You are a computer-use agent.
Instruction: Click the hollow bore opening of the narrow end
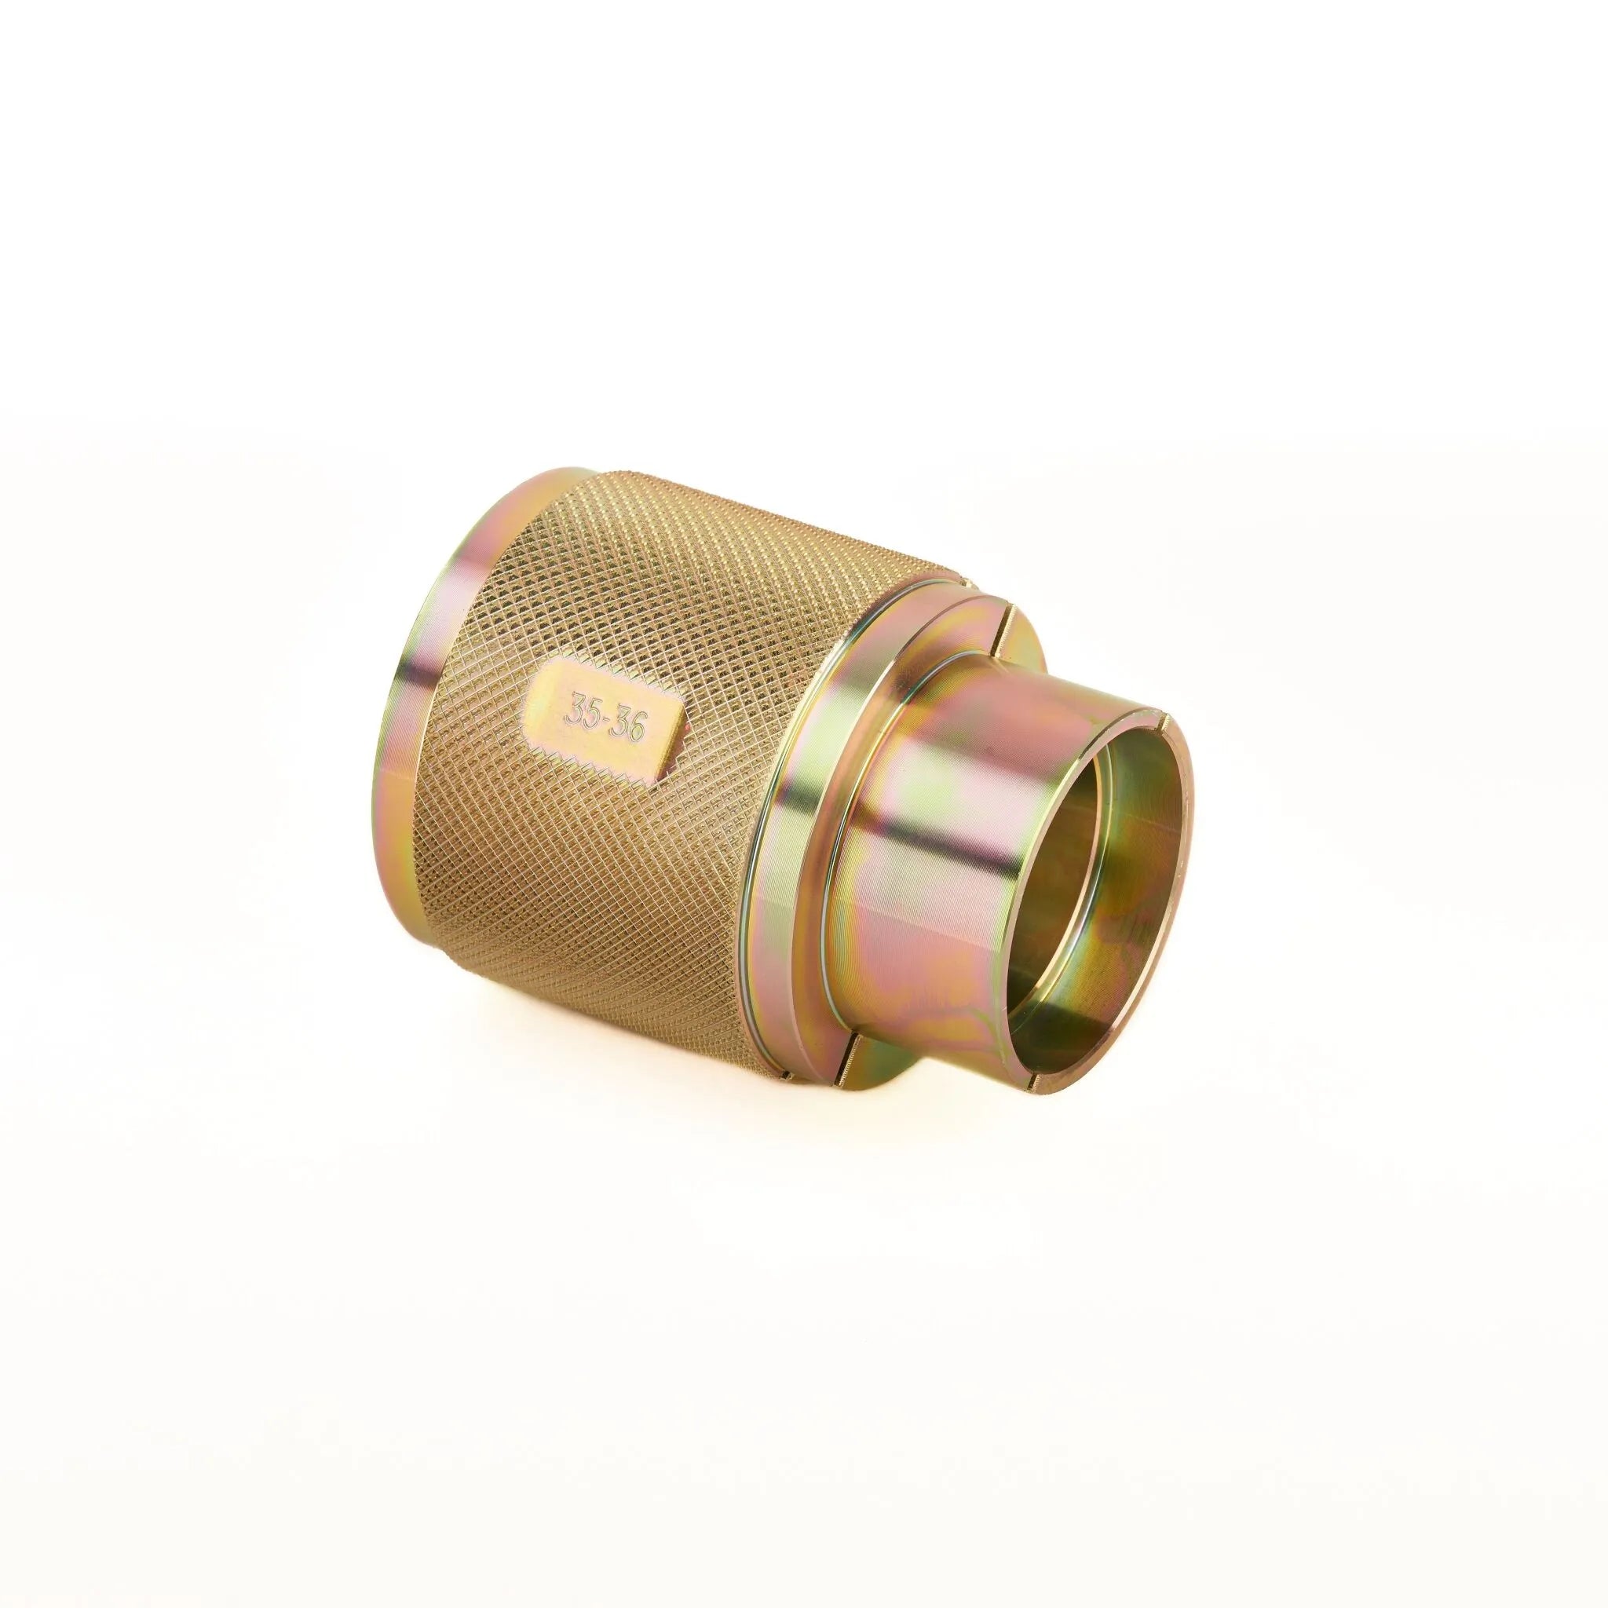pyautogui.click(x=1107, y=865)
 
